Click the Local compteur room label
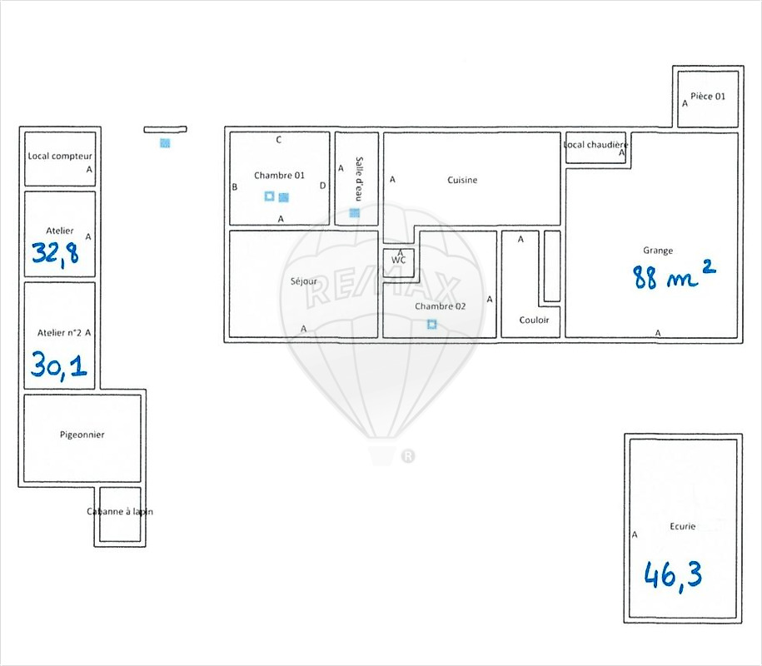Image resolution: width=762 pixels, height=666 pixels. coord(60,156)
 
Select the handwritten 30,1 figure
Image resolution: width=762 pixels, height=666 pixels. coord(59,365)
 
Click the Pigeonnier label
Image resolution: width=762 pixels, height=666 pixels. coord(82,435)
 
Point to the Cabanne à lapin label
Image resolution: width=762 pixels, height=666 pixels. coord(120,511)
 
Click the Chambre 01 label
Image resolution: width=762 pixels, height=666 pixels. coord(280,176)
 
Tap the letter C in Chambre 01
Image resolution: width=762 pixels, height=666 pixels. coord(278,140)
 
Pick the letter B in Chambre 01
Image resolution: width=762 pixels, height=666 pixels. coord(235,187)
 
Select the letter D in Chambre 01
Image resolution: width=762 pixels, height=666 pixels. coord(322,186)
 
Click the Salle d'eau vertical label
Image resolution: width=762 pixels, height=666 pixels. coord(359,179)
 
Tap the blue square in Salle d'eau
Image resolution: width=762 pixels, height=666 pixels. coord(355,213)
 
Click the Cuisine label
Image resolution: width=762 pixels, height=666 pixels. coord(462,180)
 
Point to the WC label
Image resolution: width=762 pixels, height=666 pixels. coord(399,261)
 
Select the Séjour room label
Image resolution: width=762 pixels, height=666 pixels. coord(304,281)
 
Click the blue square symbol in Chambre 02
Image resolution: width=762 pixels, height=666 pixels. coord(432,324)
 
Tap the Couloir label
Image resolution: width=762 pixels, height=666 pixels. coord(534,321)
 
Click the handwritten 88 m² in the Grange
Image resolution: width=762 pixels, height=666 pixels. coord(674,275)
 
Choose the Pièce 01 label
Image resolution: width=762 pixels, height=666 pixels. coord(708,97)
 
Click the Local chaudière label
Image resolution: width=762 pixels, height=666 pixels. coord(595,145)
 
